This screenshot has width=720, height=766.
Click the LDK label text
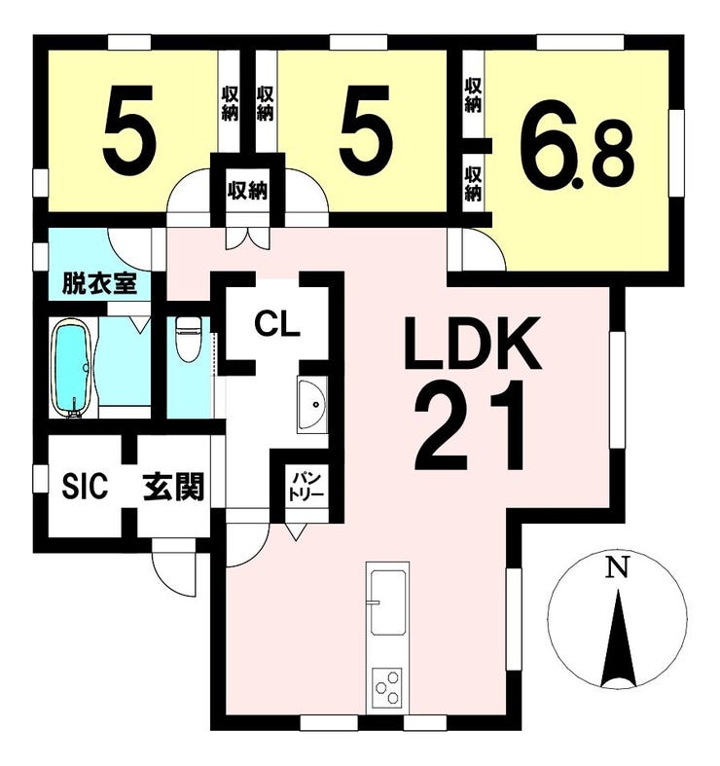click(x=472, y=344)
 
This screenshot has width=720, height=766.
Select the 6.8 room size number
click(x=577, y=145)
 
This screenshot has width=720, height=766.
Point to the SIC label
click(x=85, y=487)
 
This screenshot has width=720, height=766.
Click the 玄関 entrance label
click(x=173, y=487)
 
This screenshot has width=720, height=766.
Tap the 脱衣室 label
click(x=99, y=284)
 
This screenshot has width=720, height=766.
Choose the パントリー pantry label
click(x=306, y=485)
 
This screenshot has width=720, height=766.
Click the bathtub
click(x=72, y=368)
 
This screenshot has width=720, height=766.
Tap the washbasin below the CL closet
click(x=312, y=405)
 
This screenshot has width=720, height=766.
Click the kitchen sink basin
click(x=388, y=602)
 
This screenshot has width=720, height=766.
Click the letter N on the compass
click(x=617, y=568)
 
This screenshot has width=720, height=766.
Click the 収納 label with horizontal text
click(x=248, y=190)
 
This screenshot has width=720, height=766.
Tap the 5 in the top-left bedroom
click(x=129, y=130)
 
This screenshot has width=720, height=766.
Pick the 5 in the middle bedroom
click(x=366, y=130)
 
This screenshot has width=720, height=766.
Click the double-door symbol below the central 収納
click(x=248, y=238)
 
